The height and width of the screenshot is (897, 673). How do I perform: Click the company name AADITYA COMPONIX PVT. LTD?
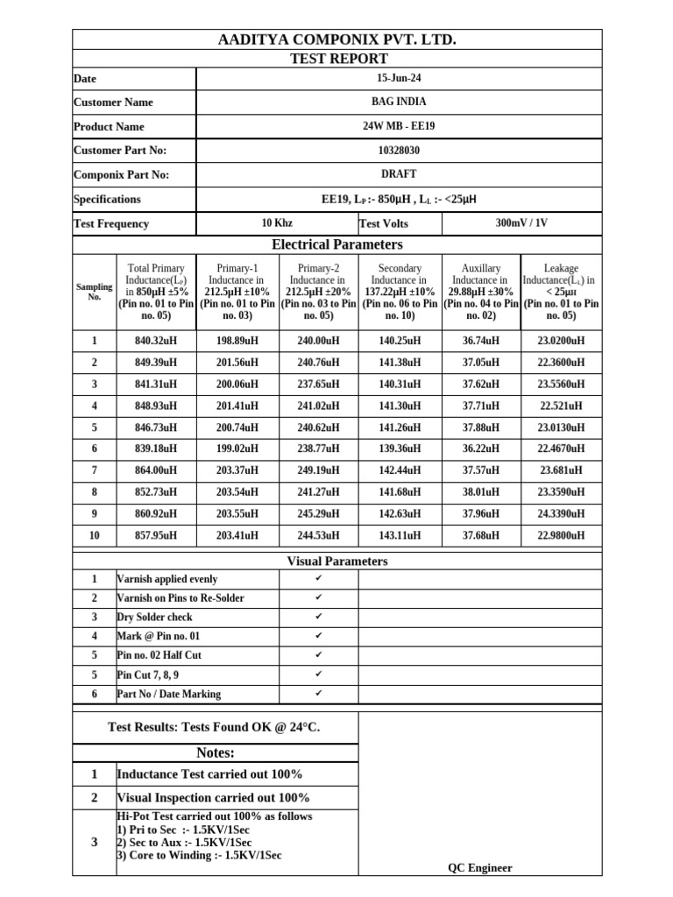[x=336, y=40]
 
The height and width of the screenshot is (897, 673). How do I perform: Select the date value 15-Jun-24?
[x=399, y=78]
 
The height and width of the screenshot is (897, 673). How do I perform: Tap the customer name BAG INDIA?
[x=399, y=102]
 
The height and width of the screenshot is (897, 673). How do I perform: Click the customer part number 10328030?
[x=399, y=150]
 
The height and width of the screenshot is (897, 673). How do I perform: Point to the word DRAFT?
[x=399, y=174]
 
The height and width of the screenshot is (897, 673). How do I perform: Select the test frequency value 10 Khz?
[x=277, y=223]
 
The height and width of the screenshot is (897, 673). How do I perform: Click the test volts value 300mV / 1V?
[x=521, y=222]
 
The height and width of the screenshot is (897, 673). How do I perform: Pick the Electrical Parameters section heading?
[x=336, y=244]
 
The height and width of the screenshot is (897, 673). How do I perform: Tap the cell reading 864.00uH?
[x=156, y=470]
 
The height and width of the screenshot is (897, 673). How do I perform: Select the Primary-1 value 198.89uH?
[x=237, y=340]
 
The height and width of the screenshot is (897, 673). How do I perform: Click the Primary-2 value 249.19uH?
[x=318, y=470]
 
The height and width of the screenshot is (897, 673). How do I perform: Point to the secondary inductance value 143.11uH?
[x=400, y=535]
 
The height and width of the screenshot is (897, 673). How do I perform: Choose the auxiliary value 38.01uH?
[x=481, y=492]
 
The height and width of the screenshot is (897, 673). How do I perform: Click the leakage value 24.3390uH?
[x=561, y=514]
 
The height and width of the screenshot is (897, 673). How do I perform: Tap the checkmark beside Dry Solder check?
[x=319, y=618]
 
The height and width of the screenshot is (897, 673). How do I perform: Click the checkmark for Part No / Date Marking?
[x=319, y=694]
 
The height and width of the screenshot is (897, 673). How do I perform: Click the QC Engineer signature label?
[x=479, y=868]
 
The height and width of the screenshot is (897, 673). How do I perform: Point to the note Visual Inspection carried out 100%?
[x=213, y=798]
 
